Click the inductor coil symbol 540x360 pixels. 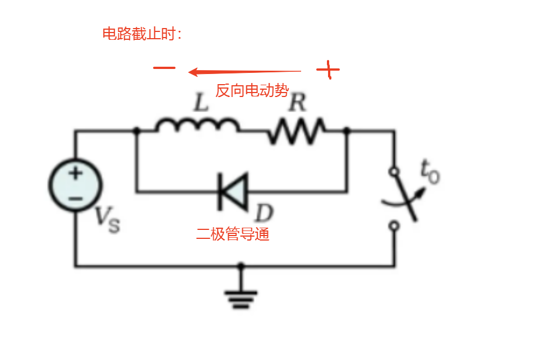pyautogui.click(x=196, y=126)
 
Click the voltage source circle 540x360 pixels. pyautogui.click(x=75, y=184)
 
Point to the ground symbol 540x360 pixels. pyautogui.click(x=241, y=298)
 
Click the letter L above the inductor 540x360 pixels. pyautogui.click(x=200, y=102)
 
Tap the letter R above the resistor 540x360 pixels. pyautogui.click(x=297, y=102)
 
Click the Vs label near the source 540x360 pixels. pyautogui.click(x=107, y=220)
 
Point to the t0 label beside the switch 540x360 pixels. pyautogui.click(x=430, y=172)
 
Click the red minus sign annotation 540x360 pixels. pyautogui.click(x=164, y=68)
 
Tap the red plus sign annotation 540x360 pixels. pyautogui.click(x=328, y=70)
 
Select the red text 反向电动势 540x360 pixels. pyautogui.click(x=252, y=90)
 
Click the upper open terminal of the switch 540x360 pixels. pyautogui.click(x=394, y=171)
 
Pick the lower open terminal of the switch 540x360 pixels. pyautogui.click(x=394, y=225)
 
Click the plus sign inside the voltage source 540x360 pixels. pyautogui.click(x=75, y=173)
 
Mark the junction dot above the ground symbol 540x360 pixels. pyautogui.click(x=241, y=266)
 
